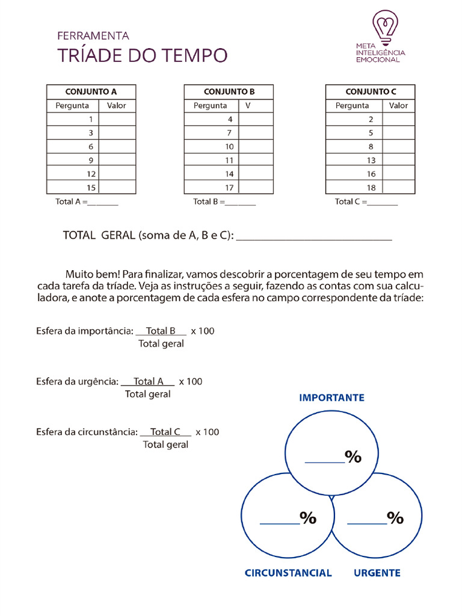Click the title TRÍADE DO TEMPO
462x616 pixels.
tap(143, 55)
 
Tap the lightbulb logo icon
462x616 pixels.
tap(385, 25)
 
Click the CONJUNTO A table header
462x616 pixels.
tap(91, 92)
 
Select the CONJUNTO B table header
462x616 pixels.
tap(229, 92)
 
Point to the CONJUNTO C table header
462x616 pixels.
tap(370, 92)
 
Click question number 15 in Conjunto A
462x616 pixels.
tap(91, 188)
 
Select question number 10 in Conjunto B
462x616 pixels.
tap(229, 147)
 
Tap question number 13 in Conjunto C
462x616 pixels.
tap(371, 161)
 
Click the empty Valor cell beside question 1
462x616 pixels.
tap(117, 119)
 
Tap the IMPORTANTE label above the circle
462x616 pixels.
tap(331, 398)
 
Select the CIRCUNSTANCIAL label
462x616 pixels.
tap(288, 573)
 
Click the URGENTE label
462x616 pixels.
tap(377, 573)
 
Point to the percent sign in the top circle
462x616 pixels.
tap(353, 457)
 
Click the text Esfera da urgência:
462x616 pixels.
tap(77, 381)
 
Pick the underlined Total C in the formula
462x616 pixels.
tap(165, 432)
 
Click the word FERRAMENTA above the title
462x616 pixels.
tap(93, 36)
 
